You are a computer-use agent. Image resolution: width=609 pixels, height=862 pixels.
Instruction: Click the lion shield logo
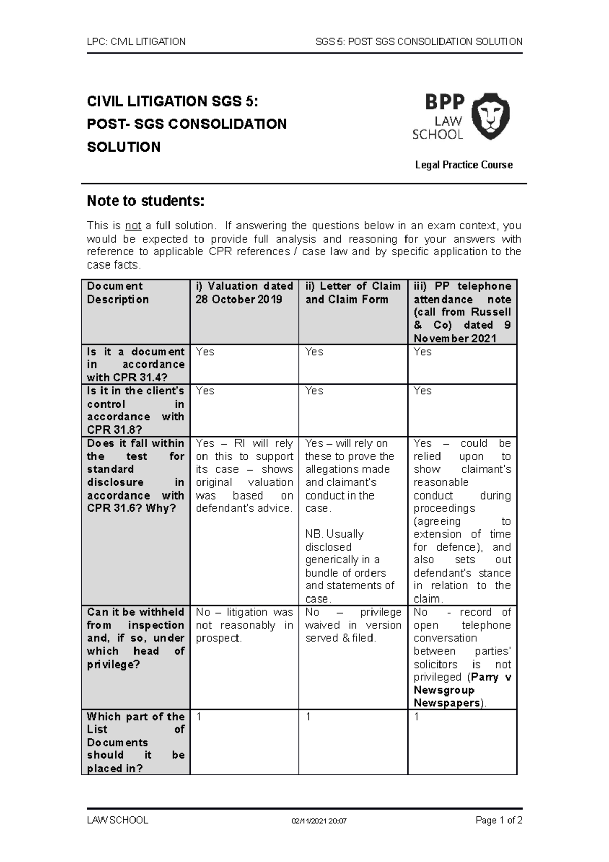(490, 116)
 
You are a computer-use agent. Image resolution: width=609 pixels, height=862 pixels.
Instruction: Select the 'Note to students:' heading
(145, 201)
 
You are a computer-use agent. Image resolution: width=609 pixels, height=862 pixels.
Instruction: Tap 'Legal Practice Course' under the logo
(463, 164)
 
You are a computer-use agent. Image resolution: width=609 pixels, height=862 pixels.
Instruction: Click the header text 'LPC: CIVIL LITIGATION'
(136, 42)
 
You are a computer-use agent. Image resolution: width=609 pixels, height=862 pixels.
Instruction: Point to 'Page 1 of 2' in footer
(498, 820)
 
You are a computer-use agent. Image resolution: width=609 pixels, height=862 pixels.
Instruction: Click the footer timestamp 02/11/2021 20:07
(319, 821)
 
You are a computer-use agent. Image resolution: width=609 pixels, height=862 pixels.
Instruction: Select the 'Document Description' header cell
(118, 293)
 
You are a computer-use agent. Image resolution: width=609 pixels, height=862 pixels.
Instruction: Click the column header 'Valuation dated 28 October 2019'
(244, 293)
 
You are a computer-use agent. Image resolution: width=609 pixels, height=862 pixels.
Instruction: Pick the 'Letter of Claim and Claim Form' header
(353, 293)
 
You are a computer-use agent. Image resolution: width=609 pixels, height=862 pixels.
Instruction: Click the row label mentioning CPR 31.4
(135, 364)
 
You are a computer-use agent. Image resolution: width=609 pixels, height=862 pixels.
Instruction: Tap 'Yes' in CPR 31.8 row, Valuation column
(205, 391)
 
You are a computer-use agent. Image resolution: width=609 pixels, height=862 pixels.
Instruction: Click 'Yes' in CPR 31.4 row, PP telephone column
(422, 352)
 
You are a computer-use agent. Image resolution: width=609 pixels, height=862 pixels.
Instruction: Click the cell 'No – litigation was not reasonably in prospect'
(244, 625)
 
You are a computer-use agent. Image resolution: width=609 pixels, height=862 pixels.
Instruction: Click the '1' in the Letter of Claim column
(308, 717)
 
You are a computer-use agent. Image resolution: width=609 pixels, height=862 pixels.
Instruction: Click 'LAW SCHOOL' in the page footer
(118, 820)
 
